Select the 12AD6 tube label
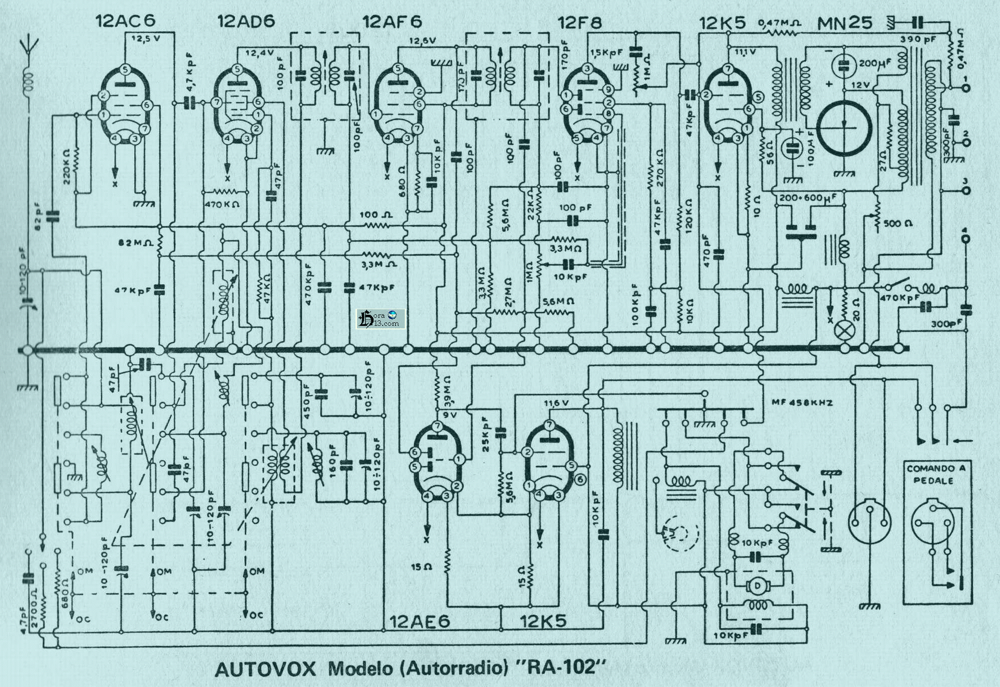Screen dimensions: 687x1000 tap(246, 21)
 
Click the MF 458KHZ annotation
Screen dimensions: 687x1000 tap(802, 402)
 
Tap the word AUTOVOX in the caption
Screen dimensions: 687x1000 tap(265, 669)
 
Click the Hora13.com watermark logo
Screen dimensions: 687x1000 tap(380, 318)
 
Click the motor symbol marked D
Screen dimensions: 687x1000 tap(755, 585)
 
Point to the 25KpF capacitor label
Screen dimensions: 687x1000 tap(486, 435)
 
